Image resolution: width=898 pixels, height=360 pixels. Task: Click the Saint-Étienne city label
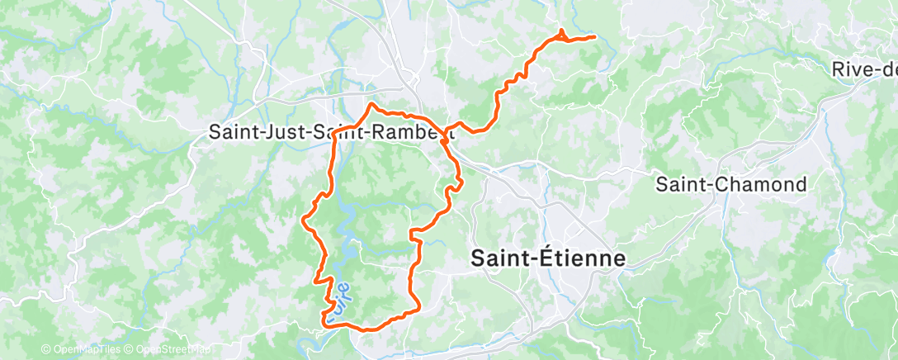(x=547, y=258)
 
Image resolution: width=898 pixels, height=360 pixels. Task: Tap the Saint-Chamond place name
(x=730, y=184)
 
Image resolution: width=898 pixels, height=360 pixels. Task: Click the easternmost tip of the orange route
(x=594, y=36)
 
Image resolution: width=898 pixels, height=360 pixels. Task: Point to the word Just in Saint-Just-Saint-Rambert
(x=273, y=132)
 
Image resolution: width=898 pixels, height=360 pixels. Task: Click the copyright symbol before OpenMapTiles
(x=45, y=350)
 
